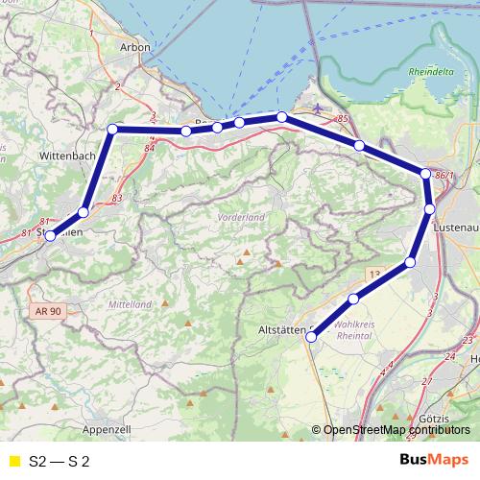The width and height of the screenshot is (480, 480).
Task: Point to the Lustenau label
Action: pyautogui.click(x=455, y=227)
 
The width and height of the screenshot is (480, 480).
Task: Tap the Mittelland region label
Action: pyautogui.click(x=131, y=304)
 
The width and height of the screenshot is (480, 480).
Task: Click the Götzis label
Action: pyautogui.click(x=440, y=420)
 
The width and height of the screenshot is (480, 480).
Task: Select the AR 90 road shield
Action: pyautogui.click(x=45, y=311)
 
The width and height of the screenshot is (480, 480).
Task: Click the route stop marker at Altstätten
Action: pyautogui.click(x=311, y=337)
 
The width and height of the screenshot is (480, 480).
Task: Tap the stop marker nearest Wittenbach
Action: pyautogui.click(x=112, y=129)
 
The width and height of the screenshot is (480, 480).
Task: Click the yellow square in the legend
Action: pyautogui.click(x=13, y=462)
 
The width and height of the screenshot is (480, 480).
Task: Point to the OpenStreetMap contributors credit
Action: pyautogui.click(x=396, y=430)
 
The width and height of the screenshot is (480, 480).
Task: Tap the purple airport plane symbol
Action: pyautogui.click(x=319, y=108)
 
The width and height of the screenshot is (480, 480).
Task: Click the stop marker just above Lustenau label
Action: pyautogui.click(x=430, y=208)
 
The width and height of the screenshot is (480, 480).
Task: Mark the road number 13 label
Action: pyautogui.click(x=374, y=274)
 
